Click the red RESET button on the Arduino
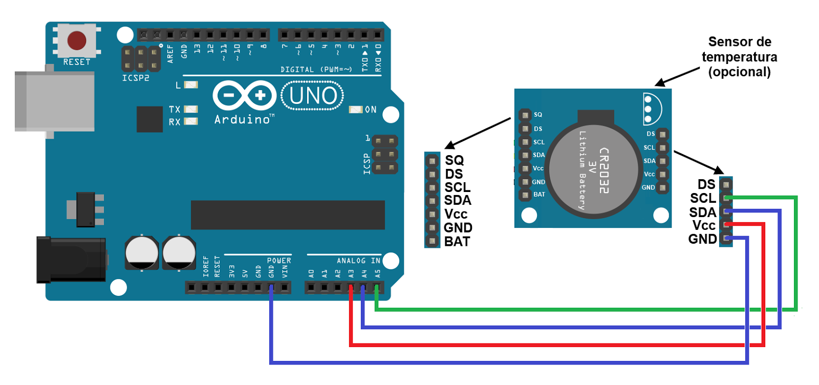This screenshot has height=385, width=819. (x=77, y=40)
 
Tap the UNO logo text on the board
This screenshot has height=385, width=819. (x=313, y=96)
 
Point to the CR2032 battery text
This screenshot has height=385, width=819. (x=604, y=170)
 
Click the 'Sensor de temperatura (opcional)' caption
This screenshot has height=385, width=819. (x=739, y=57)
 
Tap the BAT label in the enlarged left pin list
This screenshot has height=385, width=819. (x=457, y=242)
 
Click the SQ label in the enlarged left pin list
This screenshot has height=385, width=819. (x=454, y=160)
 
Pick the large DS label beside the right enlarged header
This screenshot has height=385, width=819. (x=706, y=184)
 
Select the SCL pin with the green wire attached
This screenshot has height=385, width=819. (x=726, y=198)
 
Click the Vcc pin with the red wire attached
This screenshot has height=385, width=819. (x=726, y=225)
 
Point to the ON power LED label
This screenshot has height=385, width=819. (x=371, y=110)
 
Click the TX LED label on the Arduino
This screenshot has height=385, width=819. (x=175, y=109)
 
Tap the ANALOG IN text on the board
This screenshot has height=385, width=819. (x=358, y=261)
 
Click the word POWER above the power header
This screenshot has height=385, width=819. (x=279, y=261)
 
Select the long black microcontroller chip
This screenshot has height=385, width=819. (x=288, y=215)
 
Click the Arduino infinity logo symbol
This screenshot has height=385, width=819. (x=244, y=95)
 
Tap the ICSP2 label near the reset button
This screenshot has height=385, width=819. (x=136, y=78)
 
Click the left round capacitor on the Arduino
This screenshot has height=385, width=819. (x=142, y=252)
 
